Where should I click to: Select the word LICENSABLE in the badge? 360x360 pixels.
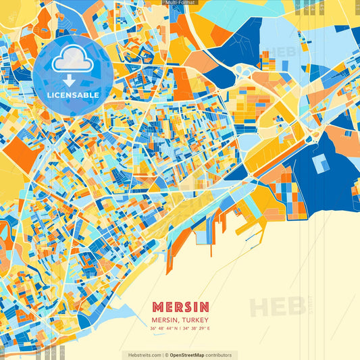[x=73, y=95]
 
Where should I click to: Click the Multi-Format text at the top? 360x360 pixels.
[x=180, y=3]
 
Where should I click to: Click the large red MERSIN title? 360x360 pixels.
[x=180, y=307]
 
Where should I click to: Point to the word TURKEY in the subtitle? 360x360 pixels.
[x=197, y=319]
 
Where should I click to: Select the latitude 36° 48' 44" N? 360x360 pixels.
[x=163, y=329]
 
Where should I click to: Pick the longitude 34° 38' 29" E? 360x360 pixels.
[x=198, y=329]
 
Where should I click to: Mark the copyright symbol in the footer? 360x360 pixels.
[x=165, y=355]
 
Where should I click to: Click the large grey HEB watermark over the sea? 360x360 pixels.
[x=277, y=306]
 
